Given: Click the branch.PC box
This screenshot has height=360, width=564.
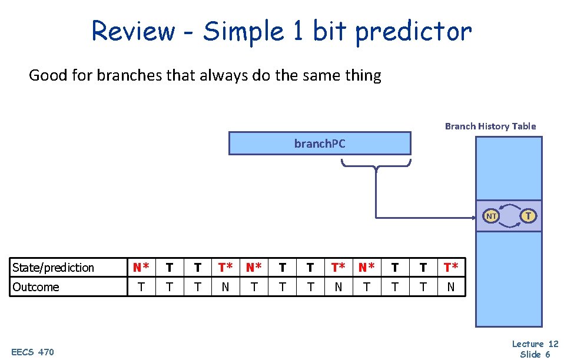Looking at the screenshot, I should [x=320, y=143].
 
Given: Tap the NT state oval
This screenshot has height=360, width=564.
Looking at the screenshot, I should [x=491, y=216].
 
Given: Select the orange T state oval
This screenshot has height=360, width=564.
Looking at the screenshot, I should [x=528, y=216].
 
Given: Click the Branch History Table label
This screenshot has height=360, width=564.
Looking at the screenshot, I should [x=490, y=126].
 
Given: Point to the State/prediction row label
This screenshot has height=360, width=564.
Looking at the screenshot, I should [x=53, y=268].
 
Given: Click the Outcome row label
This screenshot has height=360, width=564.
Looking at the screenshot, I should [x=36, y=287].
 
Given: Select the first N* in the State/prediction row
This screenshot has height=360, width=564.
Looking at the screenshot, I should [x=141, y=268].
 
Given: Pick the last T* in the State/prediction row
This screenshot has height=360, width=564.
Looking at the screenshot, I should [x=451, y=268].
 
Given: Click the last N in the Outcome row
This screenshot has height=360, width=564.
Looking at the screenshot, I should [x=451, y=287].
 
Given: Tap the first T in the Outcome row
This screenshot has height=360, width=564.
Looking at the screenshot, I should [x=141, y=287].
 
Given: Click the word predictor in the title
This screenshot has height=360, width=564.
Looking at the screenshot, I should [x=413, y=32].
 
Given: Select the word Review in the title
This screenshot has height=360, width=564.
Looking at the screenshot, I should [x=133, y=32].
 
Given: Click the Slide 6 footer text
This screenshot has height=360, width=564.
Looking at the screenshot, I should [x=535, y=354].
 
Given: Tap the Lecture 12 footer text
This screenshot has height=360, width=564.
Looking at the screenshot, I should [x=535, y=344].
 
